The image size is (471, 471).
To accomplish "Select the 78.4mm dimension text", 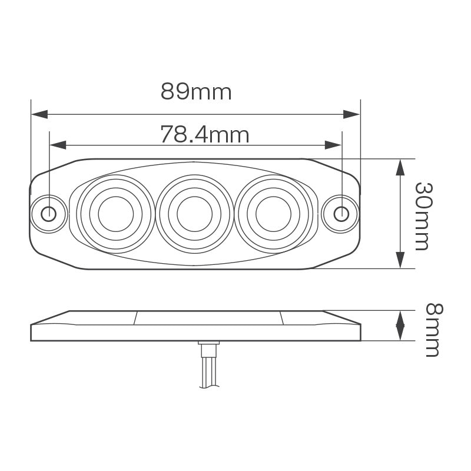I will coord(204,135).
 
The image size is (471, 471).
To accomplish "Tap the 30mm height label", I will coord(422,215).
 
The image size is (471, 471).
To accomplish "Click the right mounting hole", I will coord(341,213).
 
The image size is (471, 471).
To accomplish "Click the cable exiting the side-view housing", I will coord(208,371).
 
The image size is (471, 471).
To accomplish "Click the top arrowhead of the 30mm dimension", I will coord(400,167).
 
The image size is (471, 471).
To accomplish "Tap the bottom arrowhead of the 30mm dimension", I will coord(400,260).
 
